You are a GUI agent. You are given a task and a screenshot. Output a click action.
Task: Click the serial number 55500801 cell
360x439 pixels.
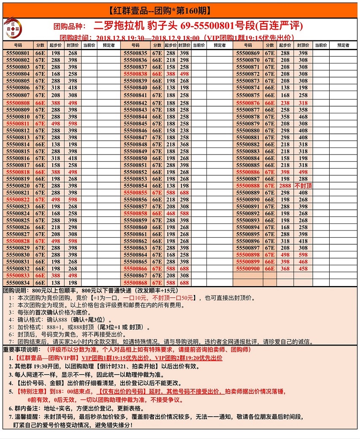[x=18, y=53]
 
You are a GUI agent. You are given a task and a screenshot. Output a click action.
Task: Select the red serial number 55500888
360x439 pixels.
[x=248, y=186]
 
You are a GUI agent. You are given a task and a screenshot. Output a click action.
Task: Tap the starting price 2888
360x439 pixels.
[x=285, y=186]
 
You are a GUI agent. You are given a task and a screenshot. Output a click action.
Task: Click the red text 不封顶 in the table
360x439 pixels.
[x=303, y=186]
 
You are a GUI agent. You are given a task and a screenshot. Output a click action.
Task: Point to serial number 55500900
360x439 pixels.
[x=248, y=268]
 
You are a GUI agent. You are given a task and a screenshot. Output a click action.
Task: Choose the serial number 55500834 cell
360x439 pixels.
[x=18, y=283]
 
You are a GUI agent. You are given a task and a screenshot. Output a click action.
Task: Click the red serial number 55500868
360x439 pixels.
[x=135, y=283]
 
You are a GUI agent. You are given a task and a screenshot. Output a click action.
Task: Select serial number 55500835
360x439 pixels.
[x=135, y=53]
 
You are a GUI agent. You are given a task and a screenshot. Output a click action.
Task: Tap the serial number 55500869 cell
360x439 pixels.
[x=248, y=53]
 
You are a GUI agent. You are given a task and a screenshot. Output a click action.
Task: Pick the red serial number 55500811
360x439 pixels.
[x=18, y=123]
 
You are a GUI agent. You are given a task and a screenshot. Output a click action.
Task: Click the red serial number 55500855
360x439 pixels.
[x=135, y=193]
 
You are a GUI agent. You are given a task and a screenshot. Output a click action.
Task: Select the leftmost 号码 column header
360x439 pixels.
[x=18, y=45]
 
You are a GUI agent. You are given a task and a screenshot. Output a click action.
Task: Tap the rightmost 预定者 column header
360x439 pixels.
[x=344, y=45]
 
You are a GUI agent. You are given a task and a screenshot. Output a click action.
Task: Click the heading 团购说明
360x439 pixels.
[x=15, y=290]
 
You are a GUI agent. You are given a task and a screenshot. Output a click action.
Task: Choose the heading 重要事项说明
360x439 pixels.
[x=21, y=350]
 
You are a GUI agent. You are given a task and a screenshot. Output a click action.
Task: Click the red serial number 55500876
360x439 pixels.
[x=248, y=103]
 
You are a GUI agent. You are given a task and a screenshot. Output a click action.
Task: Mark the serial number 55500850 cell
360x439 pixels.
[x=135, y=158]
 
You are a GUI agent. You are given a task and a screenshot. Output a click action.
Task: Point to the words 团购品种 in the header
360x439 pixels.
[x=70, y=26]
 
